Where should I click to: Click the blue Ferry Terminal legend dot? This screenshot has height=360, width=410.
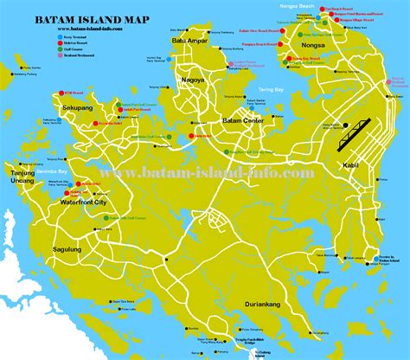(108, 38)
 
